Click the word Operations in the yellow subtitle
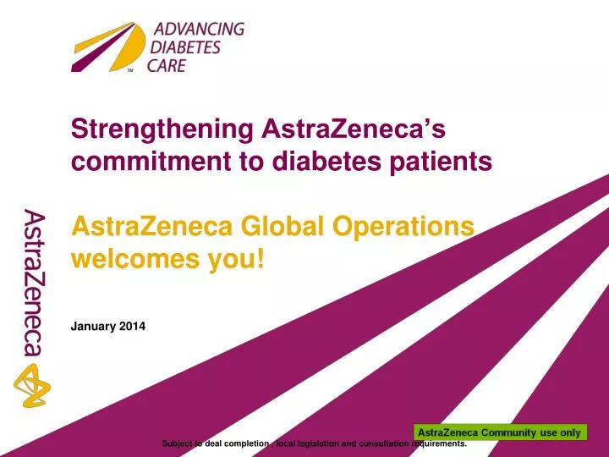pyautogui.click(x=406, y=226)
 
